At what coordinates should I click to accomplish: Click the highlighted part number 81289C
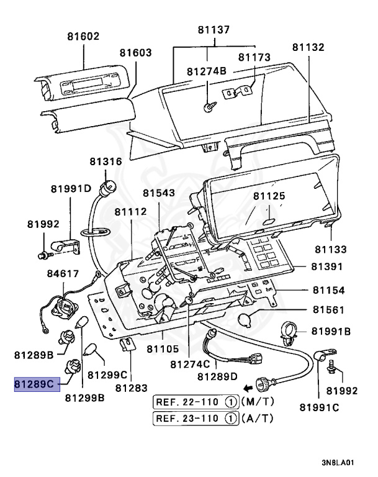[36, 384]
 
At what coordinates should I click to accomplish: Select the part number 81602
[84, 37]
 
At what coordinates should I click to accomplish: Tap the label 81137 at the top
[214, 29]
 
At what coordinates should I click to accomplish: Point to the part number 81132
[308, 47]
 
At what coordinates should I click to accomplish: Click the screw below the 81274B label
[208, 107]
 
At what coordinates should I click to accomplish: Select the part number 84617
[63, 273]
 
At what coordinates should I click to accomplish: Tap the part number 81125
[269, 196]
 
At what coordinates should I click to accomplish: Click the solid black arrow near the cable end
[248, 386]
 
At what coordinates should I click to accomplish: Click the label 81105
[163, 349]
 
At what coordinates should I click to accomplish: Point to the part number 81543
[158, 193]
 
